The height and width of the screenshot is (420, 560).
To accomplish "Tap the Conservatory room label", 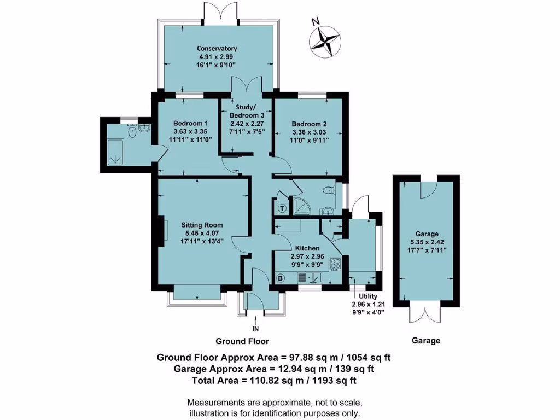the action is tap(217, 49).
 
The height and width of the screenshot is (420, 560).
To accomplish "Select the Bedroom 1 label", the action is tap(186, 124).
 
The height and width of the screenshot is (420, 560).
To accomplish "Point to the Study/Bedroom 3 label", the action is tap(247, 112).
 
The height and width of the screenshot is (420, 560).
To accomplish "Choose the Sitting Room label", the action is tap(202, 225).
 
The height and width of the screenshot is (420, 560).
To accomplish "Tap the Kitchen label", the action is tap(307, 248).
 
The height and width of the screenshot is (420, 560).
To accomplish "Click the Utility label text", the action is tap(368, 296).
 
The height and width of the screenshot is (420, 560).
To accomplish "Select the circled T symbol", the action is tap(283, 208).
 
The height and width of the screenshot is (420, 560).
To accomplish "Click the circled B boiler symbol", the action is tap(281, 278).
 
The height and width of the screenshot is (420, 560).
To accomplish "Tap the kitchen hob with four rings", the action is tap(335, 264).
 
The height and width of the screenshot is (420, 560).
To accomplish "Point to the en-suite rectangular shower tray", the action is tap(116, 152).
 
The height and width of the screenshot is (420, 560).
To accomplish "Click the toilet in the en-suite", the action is tap(132, 131).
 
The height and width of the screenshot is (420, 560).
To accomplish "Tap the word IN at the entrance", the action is tap(256, 329).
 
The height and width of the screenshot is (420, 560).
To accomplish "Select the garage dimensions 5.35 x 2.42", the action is tap(427, 242).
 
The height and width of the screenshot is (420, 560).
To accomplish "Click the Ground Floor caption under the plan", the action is tap(242, 341).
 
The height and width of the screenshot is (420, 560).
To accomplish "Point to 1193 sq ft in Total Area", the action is tap(334, 381).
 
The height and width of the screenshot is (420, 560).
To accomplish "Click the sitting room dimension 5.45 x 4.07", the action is tap(202, 233).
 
